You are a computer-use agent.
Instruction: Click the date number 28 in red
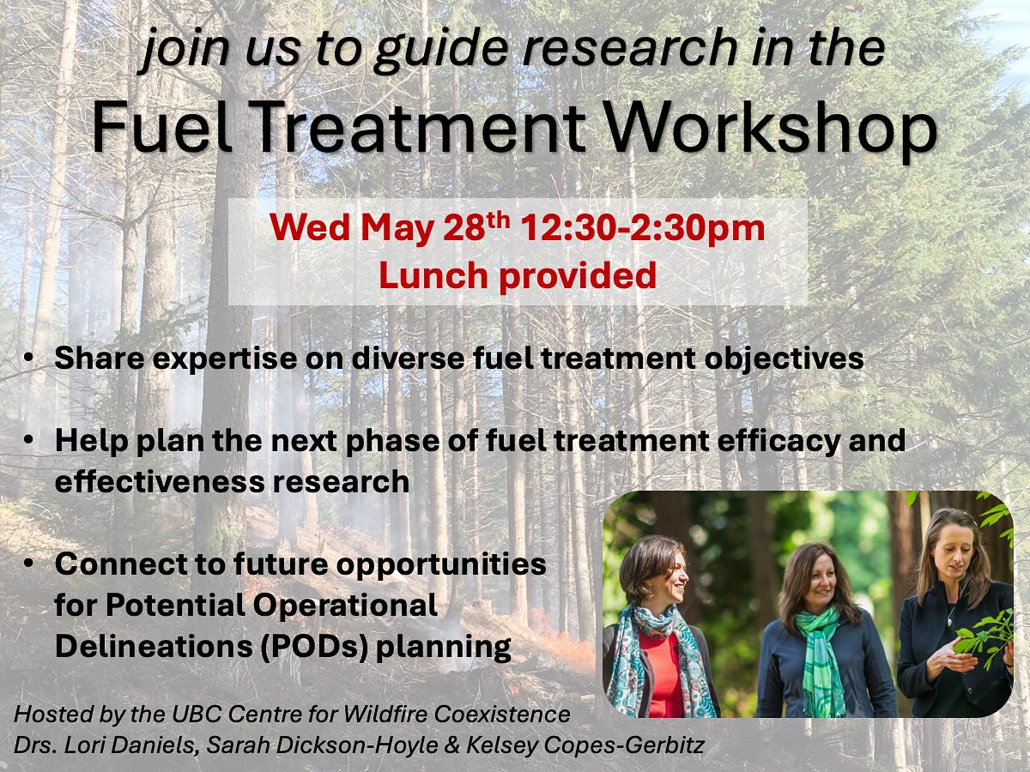(x=462, y=229)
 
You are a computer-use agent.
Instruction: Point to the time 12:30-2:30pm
(x=642, y=230)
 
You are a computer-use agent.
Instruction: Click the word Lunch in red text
(x=433, y=275)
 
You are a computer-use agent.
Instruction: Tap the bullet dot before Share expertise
(x=28, y=357)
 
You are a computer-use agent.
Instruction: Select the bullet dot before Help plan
(x=28, y=440)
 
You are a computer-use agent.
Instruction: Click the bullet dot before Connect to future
(x=28, y=563)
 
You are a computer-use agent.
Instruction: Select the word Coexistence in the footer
(x=501, y=715)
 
